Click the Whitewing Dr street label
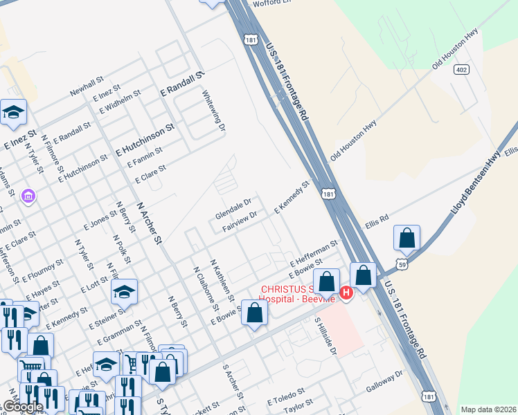tap(213, 110)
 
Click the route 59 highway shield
tap(403, 264)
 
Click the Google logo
tap(23, 407)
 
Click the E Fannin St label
tap(145, 156)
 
